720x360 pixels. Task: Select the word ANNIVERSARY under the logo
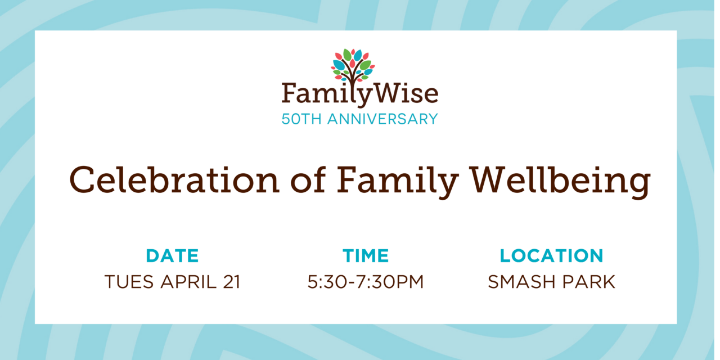click(382, 119)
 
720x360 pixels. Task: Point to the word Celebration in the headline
click(174, 180)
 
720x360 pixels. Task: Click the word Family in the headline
click(398, 182)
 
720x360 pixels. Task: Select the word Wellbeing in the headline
click(561, 182)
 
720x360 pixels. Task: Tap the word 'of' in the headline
click(308, 180)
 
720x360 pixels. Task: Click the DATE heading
click(172, 256)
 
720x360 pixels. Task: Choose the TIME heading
click(366, 256)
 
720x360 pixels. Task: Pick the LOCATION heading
click(552, 256)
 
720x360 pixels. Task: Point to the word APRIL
click(188, 282)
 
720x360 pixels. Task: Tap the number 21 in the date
click(232, 282)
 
